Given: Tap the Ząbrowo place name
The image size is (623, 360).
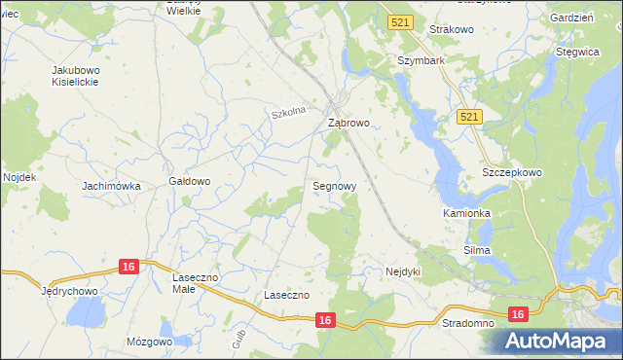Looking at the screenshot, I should click(348, 124).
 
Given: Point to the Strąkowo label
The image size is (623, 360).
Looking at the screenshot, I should click(451, 30).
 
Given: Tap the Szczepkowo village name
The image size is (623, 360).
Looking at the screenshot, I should click(512, 172).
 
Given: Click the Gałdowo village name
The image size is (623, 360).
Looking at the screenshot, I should click(190, 181).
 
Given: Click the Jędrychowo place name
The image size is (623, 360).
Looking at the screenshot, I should click(71, 290).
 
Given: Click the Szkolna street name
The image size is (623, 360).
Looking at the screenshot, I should click(289, 113).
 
